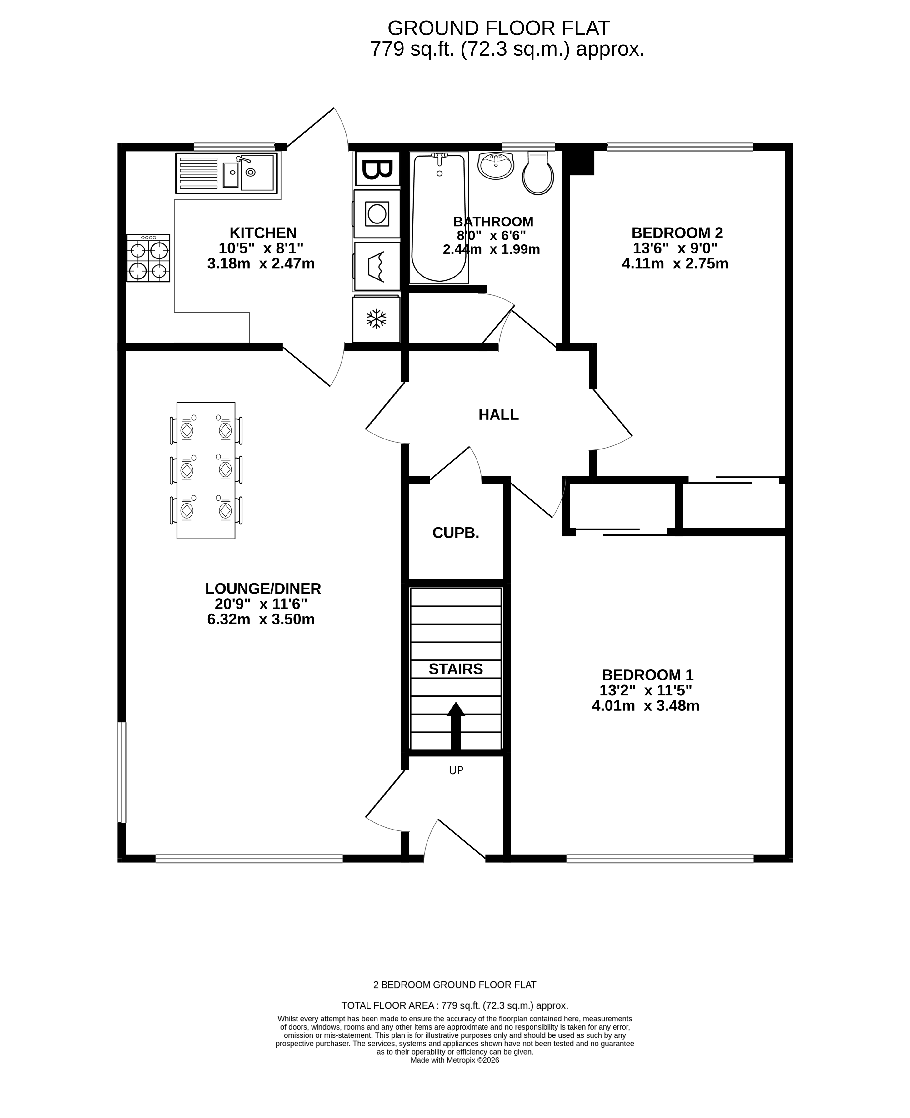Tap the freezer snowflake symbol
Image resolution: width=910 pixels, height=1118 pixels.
click(376, 319)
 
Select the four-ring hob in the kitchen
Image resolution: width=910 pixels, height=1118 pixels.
click(148, 258)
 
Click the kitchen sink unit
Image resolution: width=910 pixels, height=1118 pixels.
click(227, 173)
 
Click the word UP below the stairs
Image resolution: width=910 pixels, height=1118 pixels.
click(456, 770)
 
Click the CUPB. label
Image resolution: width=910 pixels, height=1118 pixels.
click(456, 533)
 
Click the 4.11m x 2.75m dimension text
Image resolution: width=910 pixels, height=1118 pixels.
click(675, 264)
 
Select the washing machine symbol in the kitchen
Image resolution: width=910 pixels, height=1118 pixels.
click(377, 214)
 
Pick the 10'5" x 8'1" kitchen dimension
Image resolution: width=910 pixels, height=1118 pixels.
click(261, 248)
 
